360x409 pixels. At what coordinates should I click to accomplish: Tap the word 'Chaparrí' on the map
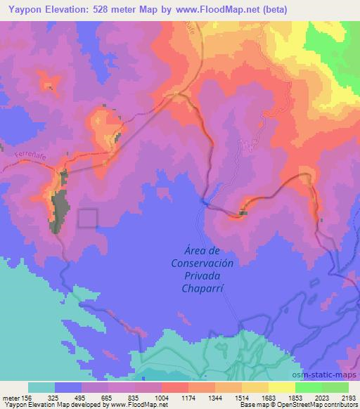click(x=202, y=288)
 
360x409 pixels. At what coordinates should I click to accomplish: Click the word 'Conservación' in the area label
click(x=202, y=263)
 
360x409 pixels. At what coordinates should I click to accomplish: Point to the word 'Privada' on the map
click(x=202, y=275)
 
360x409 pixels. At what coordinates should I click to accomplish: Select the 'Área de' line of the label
click(x=202, y=250)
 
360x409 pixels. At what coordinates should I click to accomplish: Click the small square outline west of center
click(x=87, y=219)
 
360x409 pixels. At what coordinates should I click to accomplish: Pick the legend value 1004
click(x=162, y=397)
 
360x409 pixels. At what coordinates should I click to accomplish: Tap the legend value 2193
click(x=349, y=397)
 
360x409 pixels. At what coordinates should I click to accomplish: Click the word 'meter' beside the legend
click(x=11, y=397)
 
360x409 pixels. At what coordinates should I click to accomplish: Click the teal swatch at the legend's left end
click(x=41, y=387)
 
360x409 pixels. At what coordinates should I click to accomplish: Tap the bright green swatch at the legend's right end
click(x=335, y=387)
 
